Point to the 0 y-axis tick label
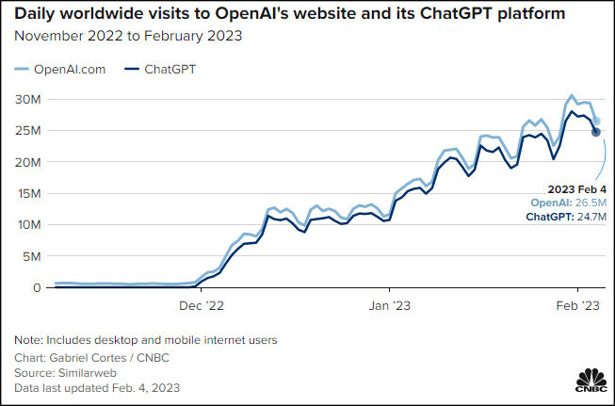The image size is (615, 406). click(36, 287)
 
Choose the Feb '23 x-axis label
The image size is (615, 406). click(576, 305)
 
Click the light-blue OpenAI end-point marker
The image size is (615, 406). click(596, 121)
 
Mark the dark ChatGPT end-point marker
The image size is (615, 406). click(596, 132)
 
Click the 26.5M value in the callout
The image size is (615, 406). click(584, 203)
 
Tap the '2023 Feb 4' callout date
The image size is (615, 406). click(570, 189)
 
